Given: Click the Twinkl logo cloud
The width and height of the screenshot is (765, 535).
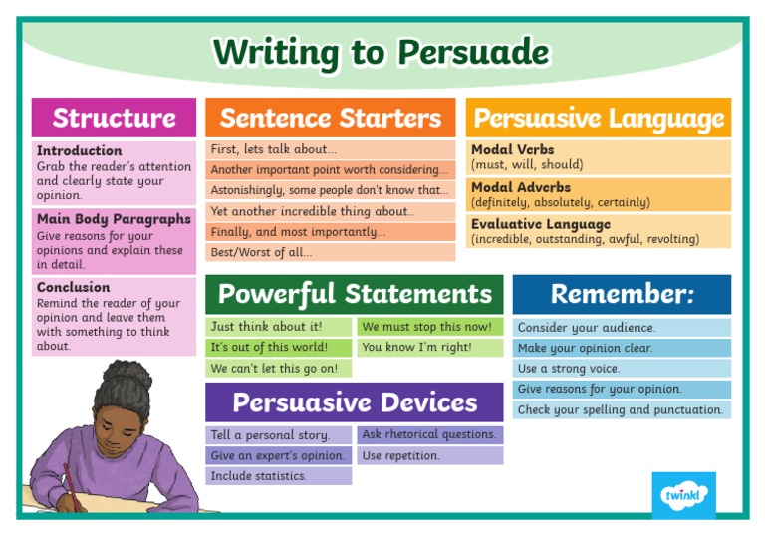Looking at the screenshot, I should pos(683,495).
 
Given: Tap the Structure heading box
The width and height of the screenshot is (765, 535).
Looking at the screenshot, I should pos(114,118).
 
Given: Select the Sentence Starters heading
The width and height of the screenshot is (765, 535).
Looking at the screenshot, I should pos(330,118).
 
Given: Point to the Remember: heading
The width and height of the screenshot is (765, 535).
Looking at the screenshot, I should pos(622,294).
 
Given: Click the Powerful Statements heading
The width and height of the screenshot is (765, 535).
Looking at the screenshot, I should pos(355,294).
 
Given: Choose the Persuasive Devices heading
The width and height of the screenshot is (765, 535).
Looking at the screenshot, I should pos(355,402).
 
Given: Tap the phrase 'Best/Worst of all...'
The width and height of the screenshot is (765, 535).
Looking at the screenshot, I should pos(260,253).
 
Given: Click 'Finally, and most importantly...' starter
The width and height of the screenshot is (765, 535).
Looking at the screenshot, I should pos(298,232).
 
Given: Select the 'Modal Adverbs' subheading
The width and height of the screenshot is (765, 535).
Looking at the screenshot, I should pos(521,187).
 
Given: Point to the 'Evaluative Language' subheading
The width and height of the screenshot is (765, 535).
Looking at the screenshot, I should pos(541,224).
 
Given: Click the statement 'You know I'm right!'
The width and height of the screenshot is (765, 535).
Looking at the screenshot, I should pos(417,348).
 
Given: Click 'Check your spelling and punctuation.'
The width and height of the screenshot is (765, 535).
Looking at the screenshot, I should pos(620,409).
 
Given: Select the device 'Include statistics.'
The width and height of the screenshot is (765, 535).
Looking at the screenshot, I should pos(258,476).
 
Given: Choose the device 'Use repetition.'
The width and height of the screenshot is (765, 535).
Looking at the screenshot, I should pos(400,455).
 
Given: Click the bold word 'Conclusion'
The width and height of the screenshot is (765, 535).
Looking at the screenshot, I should pos(74,287).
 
